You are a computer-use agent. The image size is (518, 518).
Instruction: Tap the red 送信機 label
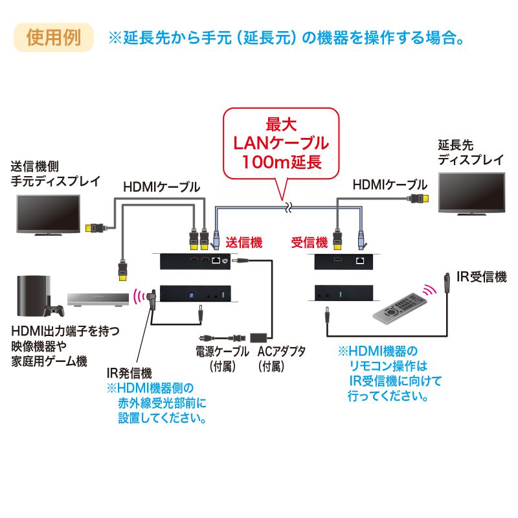(243, 243)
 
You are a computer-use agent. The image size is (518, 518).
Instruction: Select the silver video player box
(97, 298)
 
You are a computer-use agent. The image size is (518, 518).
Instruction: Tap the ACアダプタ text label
(281, 352)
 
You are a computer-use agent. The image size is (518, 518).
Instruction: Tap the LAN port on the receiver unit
(359, 262)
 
